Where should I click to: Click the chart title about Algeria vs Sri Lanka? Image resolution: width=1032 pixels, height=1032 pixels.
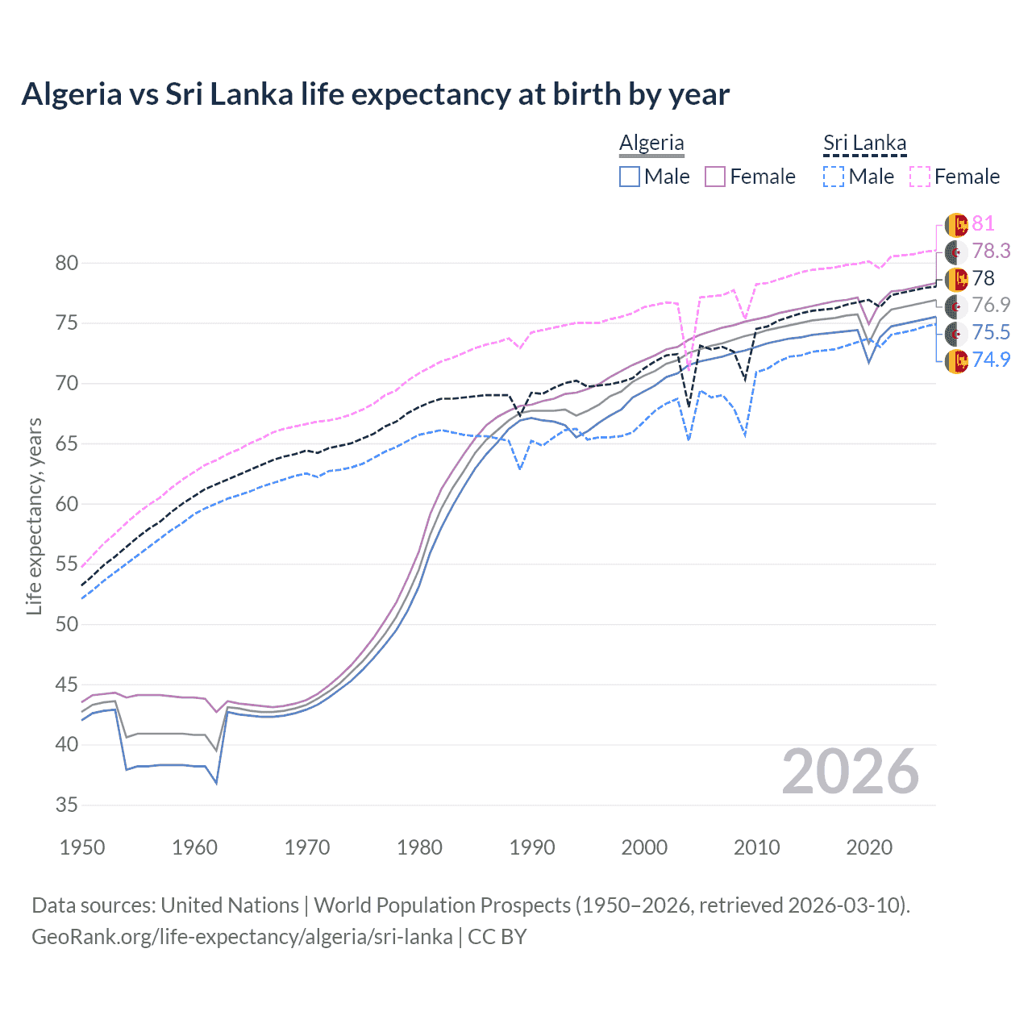(375, 94)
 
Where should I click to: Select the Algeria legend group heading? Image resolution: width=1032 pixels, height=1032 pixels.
(651, 143)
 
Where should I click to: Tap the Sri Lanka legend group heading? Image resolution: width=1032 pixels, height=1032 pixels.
(864, 143)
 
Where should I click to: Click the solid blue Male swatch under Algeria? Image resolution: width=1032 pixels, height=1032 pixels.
(630, 177)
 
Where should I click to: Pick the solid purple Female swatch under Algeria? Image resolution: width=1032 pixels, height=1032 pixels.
(716, 177)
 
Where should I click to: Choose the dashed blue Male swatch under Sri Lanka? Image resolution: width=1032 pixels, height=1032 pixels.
(834, 177)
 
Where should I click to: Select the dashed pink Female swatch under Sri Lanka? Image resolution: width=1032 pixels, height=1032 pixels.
(920, 177)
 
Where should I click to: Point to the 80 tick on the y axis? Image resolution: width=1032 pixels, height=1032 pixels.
(67, 263)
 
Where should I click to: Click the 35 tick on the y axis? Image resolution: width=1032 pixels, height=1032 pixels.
(67, 805)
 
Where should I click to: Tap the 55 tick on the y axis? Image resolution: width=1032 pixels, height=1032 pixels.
(67, 564)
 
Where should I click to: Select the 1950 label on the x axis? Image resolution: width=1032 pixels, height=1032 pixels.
(82, 847)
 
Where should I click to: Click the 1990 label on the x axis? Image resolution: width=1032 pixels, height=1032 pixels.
(532, 847)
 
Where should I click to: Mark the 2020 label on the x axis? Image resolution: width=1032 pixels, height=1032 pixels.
(869, 847)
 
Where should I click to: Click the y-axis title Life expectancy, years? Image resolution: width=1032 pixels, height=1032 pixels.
(35, 516)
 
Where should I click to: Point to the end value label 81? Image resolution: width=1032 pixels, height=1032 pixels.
(983, 223)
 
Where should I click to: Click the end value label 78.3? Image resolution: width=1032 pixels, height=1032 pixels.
(990, 251)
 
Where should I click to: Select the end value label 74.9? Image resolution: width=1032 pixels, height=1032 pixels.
(990, 360)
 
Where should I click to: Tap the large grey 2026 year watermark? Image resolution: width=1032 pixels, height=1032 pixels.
(850, 772)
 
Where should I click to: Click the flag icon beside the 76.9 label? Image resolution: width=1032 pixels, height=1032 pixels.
(955, 306)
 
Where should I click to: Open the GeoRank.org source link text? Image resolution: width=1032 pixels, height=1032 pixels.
(242, 937)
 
